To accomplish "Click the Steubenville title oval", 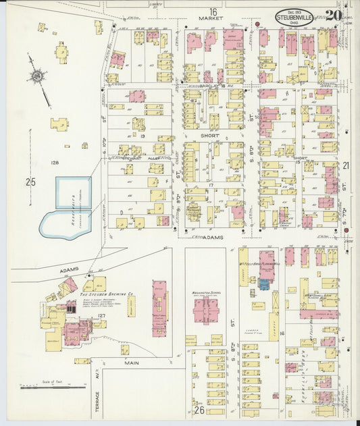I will pos(294,17).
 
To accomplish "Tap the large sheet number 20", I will pos(332,15).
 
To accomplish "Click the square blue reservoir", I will pos(73,192).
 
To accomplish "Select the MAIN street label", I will pos(132,363).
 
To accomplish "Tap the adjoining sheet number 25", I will pos(30,182).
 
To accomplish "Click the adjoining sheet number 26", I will pos(199,409).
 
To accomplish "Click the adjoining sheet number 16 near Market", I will pos(213,11).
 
